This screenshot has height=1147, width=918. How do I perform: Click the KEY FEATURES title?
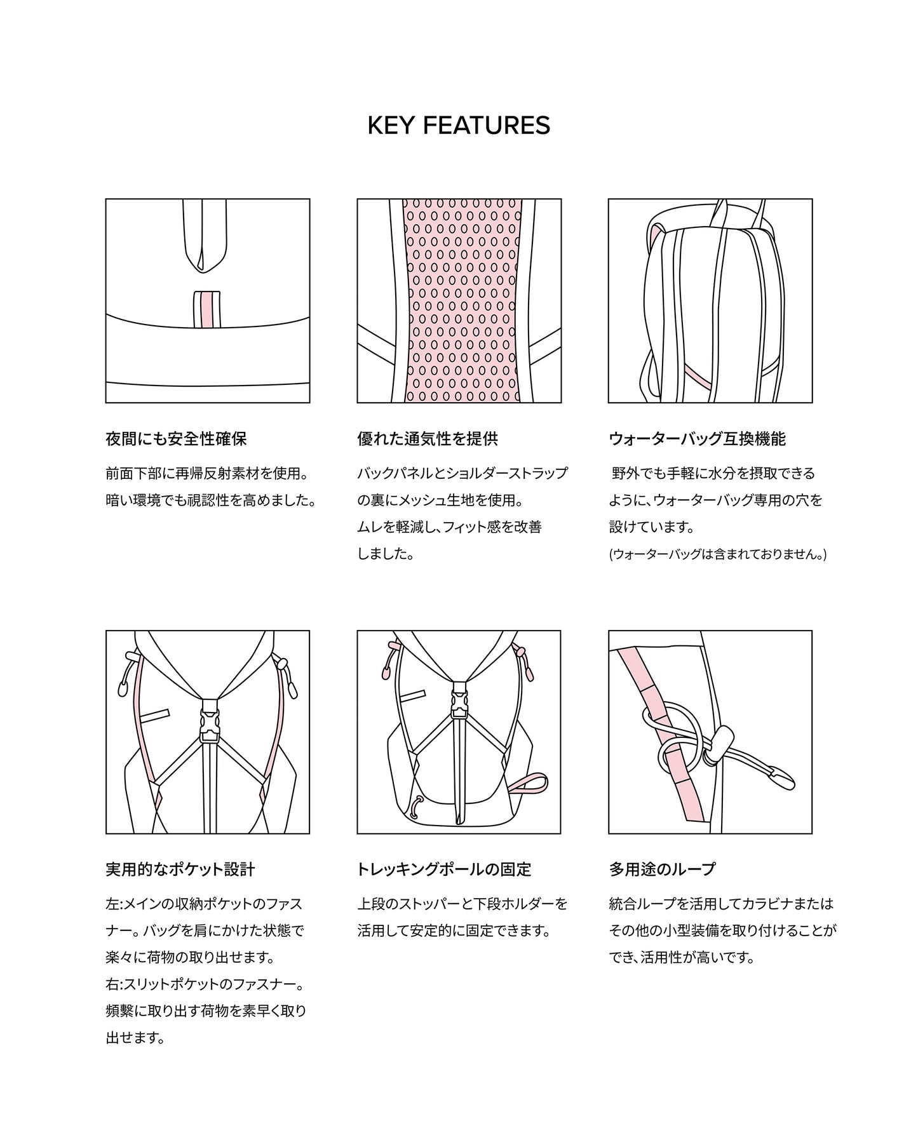pyautogui.click(x=459, y=125)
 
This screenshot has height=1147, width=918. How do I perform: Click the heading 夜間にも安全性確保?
pyautogui.click(x=176, y=439)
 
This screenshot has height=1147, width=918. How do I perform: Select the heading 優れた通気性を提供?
pyautogui.click(x=428, y=439)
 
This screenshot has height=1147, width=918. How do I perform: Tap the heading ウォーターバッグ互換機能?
pyautogui.click(x=697, y=439)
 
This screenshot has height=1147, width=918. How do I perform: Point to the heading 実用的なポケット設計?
pyautogui.click(x=180, y=869)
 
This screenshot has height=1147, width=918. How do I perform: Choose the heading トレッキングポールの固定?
pyautogui.click(x=444, y=869)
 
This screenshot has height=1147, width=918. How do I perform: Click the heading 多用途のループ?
pyautogui.click(x=662, y=869)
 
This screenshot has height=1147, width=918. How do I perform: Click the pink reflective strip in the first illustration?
pyautogui.click(x=207, y=311)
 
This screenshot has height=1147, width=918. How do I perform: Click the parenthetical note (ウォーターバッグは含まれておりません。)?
pyautogui.click(x=717, y=554)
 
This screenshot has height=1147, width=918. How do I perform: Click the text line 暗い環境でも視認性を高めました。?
pyautogui.click(x=211, y=500)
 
